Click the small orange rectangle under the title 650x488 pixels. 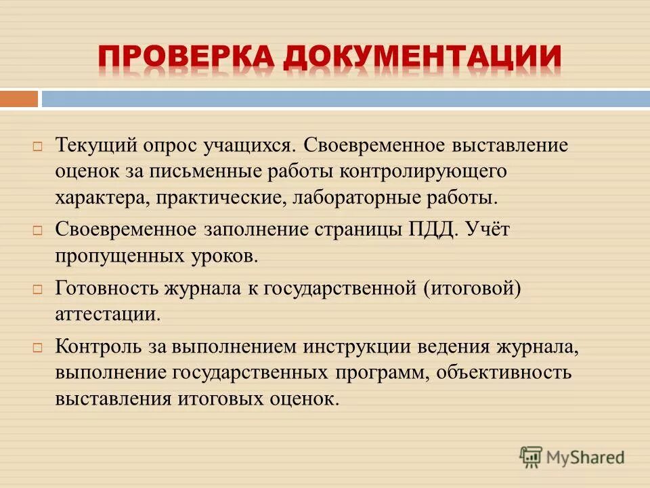(x=19, y=99)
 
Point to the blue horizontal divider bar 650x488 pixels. (x=345, y=99)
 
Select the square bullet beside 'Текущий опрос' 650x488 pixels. (x=38, y=146)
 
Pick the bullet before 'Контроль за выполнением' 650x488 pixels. (x=38, y=347)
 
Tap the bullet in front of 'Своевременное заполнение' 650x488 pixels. (x=38, y=230)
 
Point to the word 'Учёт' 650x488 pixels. (x=487, y=230)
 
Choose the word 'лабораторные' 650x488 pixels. (x=343, y=198)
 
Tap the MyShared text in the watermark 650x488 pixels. (x=586, y=457)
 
